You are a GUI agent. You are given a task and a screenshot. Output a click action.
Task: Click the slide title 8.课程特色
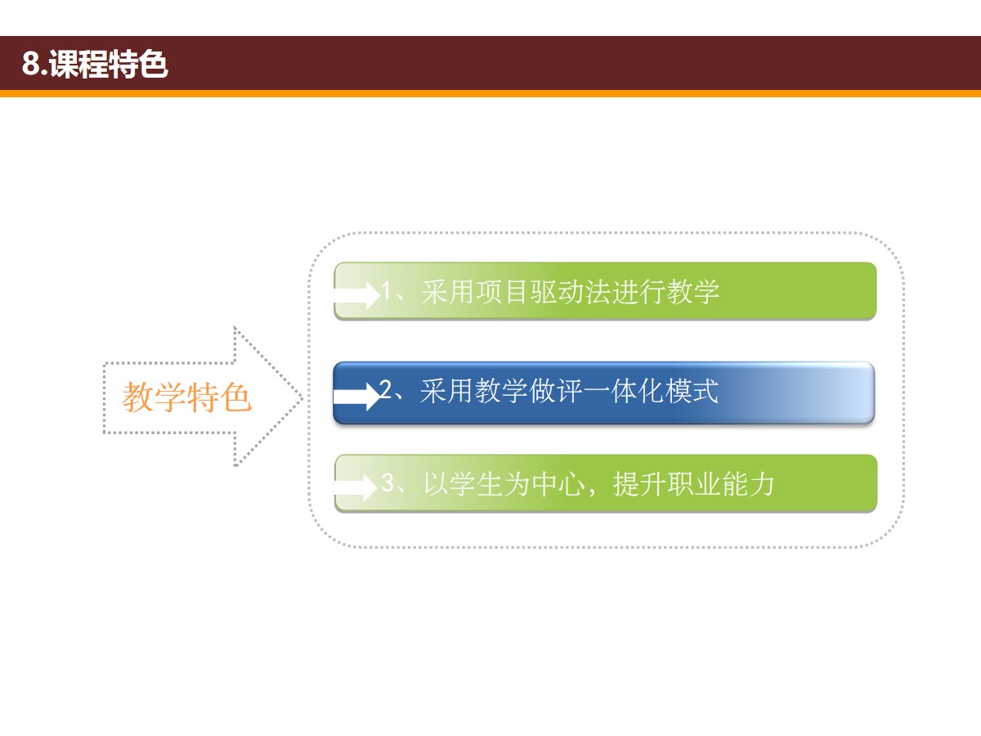95,64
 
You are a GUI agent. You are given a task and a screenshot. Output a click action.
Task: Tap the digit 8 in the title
30,64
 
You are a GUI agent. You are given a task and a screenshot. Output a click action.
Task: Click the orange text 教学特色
187,397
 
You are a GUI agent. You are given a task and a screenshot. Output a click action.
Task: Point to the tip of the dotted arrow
303,397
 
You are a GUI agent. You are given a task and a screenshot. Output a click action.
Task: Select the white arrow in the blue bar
356,397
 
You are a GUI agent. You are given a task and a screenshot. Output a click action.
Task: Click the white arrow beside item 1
357,295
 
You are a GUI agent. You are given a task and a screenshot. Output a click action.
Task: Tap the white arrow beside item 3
356,487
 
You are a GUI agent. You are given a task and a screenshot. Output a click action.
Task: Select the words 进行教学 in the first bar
665,292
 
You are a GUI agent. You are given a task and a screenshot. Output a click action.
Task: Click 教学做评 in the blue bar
528,392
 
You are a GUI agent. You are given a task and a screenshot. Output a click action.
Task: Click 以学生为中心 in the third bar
504,484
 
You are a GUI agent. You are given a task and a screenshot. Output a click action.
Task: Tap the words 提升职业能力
693,484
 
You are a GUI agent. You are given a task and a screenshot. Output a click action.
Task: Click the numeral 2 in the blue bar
385,390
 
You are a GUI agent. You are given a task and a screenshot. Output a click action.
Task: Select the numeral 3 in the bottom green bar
387,482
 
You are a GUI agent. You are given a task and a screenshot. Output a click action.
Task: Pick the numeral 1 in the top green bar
387,291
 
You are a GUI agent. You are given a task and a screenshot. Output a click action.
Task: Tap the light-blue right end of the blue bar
849,393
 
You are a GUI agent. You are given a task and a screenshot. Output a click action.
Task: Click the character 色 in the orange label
236,397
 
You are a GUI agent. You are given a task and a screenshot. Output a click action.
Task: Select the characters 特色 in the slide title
138,64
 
